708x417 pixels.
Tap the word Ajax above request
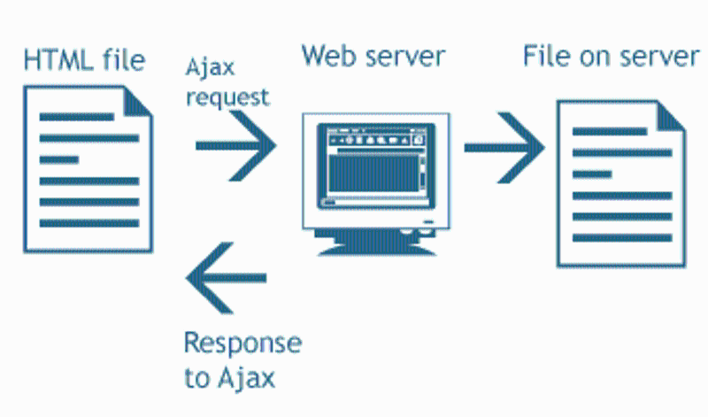tap(208, 69)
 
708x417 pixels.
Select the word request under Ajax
tap(227, 96)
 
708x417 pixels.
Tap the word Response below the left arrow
tap(242, 343)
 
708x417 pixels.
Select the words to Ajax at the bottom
tap(230, 379)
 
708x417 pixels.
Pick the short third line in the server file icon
tap(591, 174)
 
